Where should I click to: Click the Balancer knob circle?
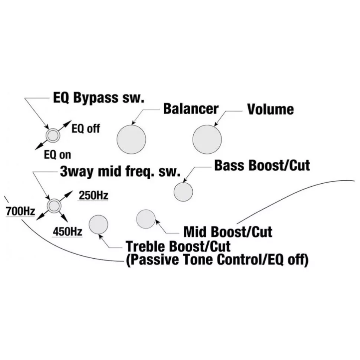pyautogui.click(x=131, y=139)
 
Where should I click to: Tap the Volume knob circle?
pyautogui.click(x=207, y=139)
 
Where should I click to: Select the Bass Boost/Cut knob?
pyautogui.click(x=183, y=191)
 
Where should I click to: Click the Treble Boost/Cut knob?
pyautogui.click(x=98, y=225)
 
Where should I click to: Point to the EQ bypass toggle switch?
pyautogui.click(x=53, y=136)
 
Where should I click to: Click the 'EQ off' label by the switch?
pyautogui.click(x=85, y=129)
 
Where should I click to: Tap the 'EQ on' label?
pyautogui.click(x=57, y=154)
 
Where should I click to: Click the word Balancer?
pyautogui.click(x=191, y=109)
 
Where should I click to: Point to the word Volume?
pyautogui.click(x=270, y=109)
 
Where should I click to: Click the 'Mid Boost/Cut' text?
pyautogui.click(x=228, y=232)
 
